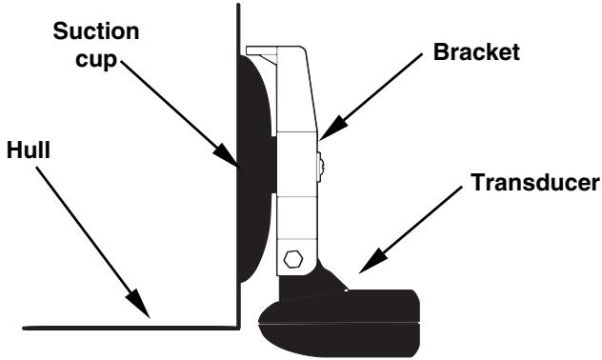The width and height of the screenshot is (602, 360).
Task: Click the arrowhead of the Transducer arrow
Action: tap(360, 276)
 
